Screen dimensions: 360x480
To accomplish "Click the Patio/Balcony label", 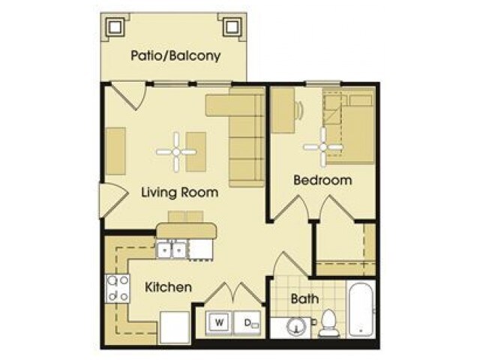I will [175, 55].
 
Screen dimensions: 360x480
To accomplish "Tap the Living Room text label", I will [180, 192].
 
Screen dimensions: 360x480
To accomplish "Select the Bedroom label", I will [322, 180].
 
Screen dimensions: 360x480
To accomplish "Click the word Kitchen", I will [169, 287].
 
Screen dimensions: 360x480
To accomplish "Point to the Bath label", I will [304, 298].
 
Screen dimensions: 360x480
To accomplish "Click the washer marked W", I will [220, 323].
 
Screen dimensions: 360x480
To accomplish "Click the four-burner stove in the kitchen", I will [118, 288].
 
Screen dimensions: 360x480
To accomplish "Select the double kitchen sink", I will [171, 250].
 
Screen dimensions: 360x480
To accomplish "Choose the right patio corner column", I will [233, 28].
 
